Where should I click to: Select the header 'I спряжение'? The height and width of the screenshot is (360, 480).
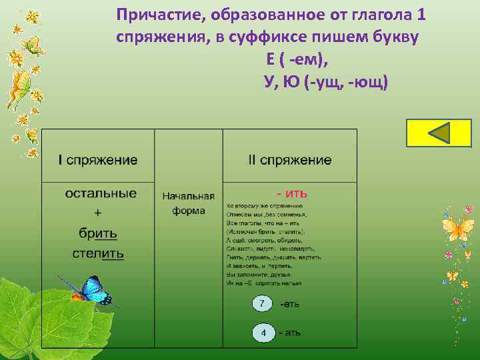[x=98, y=160]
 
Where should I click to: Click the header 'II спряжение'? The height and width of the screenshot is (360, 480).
[x=289, y=160]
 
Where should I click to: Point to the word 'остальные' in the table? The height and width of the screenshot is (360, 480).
[x=101, y=193]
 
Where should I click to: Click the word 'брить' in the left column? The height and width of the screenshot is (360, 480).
[x=98, y=233]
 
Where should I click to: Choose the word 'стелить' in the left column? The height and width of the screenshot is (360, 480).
[x=98, y=253]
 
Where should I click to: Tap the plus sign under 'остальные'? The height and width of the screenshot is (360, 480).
[x=99, y=213]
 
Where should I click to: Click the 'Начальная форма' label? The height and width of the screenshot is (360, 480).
[x=189, y=203]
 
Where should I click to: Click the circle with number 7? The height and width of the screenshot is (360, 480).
[x=263, y=304]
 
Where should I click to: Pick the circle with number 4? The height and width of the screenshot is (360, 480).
[x=263, y=332]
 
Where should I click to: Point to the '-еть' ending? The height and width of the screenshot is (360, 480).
[x=289, y=304]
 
